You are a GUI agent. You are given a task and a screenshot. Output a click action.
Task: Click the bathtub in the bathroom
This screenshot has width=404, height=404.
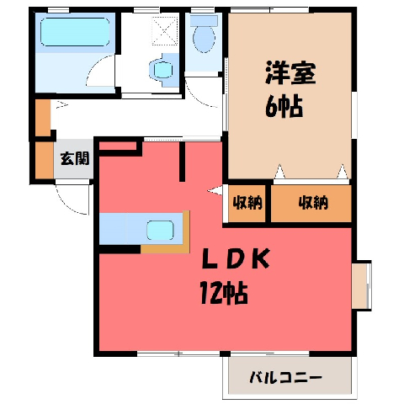pyautogui.click(x=75, y=32)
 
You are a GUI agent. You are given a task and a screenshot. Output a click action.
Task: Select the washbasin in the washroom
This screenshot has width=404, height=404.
pyautogui.click(x=162, y=70)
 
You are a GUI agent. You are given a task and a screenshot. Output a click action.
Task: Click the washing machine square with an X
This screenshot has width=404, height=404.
pyautogui.click(x=165, y=30)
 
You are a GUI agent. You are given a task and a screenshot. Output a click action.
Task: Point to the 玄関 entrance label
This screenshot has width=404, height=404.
pyautogui.click(x=75, y=159)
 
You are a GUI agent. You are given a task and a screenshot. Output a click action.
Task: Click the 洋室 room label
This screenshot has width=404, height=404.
pyautogui.click(x=290, y=73)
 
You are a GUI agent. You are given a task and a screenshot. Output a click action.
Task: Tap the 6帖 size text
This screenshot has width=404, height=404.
pyautogui.click(x=284, y=107)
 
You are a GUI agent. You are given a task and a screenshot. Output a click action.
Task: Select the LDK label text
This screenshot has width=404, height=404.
pyautogui.click(x=236, y=258)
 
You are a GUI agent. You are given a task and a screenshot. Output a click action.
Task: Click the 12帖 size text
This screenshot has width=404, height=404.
pyautogui.click(x=224, y=293)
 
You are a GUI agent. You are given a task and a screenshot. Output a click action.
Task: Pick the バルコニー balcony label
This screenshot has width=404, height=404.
pyautogui.click(x=285, y=378)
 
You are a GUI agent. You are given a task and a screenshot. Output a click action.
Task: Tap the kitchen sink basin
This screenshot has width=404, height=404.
pyautogui.click(x=160, y=231)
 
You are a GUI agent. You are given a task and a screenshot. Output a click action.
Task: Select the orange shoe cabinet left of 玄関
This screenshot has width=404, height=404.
pyautogui.click(x=45, y=160)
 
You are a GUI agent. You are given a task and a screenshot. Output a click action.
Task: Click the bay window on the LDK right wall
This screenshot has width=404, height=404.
pyautogui.click(x=362, y=285)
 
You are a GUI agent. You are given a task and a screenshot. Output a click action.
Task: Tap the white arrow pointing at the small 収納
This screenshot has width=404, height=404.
pyautogui.click(x=215, y=191)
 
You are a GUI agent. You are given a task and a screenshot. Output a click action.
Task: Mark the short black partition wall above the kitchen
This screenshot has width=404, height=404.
pyautogui.click(x=182, y=162)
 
